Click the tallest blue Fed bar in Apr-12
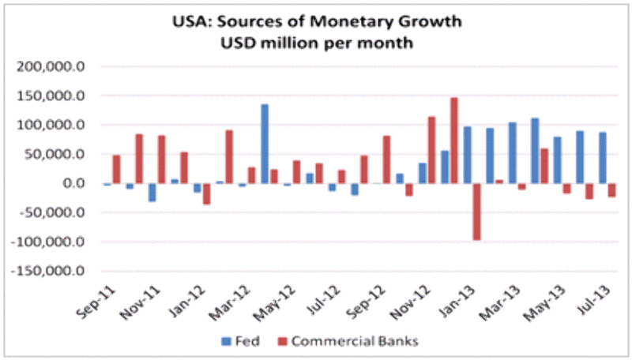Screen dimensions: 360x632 coord(265,144)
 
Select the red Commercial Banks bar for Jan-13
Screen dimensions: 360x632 coord(477,212)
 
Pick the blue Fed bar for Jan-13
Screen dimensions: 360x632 coord(468,155)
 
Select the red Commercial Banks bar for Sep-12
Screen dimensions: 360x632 coord(387,159)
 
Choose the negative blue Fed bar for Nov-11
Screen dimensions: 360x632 coord(152,192)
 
